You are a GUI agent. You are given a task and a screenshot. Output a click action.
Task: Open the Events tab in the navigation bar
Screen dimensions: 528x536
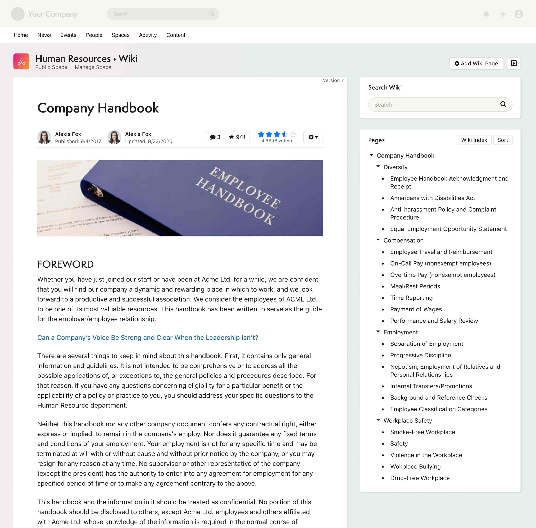[68, 35]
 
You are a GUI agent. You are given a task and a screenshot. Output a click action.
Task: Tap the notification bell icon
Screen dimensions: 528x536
[486, 14]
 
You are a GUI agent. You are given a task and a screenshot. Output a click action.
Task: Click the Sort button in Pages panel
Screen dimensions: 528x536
[502, 140]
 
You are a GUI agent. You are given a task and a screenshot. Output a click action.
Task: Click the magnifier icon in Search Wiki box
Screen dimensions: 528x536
[503, 104]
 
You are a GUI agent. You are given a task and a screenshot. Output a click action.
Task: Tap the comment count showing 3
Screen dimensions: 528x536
[215, 137]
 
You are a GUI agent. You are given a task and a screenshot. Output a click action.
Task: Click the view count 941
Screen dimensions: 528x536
[237, 137]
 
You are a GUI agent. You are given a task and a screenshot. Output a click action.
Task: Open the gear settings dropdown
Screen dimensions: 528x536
[313, 137]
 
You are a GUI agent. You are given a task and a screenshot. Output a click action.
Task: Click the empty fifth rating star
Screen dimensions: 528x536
[293, 135]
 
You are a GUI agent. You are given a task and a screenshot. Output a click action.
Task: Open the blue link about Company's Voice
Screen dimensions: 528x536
[148, 338]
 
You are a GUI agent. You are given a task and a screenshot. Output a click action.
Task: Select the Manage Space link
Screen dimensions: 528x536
[93, 67]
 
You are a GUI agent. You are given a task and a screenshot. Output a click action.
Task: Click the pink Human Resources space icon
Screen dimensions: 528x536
[21, 61]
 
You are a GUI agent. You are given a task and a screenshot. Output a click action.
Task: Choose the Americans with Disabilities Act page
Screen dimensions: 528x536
[432, 198]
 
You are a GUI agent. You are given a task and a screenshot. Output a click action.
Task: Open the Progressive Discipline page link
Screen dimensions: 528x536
[420, 355]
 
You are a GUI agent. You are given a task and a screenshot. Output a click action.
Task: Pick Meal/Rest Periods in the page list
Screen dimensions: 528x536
[415, 286]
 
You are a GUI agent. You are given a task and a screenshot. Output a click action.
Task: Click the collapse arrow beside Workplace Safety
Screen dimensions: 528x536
[378, 420]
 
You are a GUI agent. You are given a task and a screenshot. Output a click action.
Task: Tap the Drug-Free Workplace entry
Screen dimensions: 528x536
[420, 478]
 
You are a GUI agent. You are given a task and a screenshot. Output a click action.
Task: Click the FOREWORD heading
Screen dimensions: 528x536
[65, 264]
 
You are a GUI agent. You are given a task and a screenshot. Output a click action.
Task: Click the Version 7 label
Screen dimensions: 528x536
[333, 80]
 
